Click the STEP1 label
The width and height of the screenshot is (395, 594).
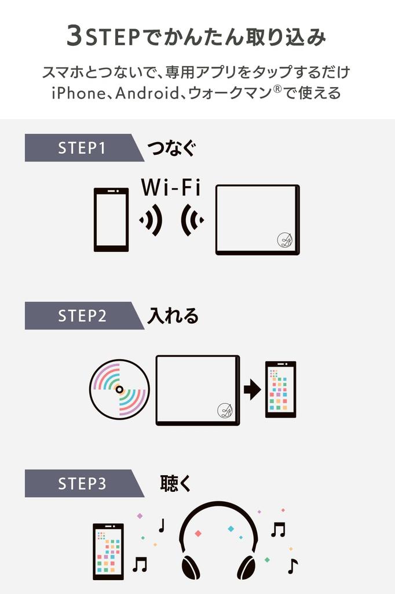[82, 148]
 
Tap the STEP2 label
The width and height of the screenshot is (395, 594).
[82, 316]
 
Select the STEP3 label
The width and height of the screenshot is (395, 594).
[82, 484]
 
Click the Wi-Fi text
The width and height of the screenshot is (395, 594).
[170, 187]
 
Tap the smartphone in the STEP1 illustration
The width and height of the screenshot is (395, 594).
[111, 219]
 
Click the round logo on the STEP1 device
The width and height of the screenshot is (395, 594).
[284, 240]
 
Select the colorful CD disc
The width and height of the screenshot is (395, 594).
[119, 389]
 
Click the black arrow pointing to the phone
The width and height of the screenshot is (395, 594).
[252, 389]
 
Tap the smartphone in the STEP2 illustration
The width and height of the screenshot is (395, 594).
[280, 389]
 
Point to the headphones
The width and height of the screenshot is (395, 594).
[218, 539]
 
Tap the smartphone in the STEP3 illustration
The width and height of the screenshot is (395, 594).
[108, 551]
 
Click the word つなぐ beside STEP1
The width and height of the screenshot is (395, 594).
[171, 148]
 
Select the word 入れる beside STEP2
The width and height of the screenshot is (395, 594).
[173, 316]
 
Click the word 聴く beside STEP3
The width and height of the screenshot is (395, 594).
[175, 483]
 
